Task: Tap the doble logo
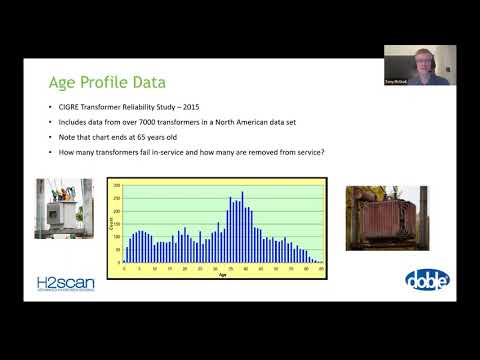pos(426,281)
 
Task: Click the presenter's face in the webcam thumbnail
pos(418,62)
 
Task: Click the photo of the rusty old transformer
pos(386,217)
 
